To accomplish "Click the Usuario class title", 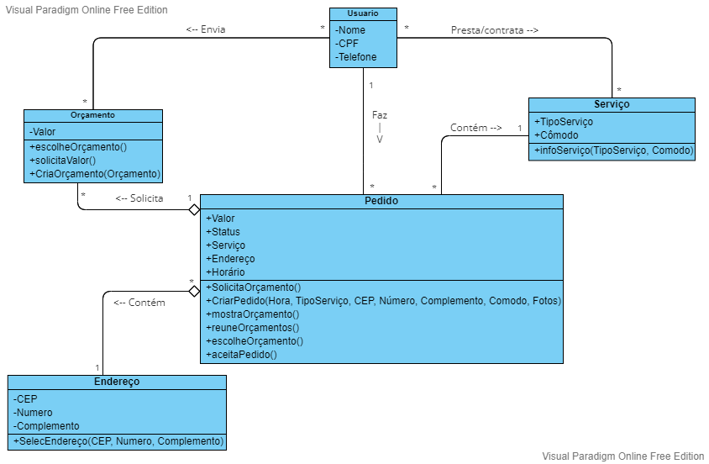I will pos(362,13).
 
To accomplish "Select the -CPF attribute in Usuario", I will pos(347,44).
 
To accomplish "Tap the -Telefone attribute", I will pos(356,57).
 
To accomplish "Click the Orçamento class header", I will pos(93,115).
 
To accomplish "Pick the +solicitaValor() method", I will pos(63,161).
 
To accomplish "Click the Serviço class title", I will pos(612,104).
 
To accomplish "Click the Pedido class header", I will pos(381,202).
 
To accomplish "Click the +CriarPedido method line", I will pos(383,301).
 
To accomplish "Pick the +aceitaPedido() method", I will pos(241,355).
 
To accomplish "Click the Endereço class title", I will pos(117,382).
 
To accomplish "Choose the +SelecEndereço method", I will pos(118,441).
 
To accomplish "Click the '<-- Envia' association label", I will pos(206,29).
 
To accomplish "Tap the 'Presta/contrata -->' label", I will pos(494,29).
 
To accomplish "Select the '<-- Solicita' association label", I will pos(139,198).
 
